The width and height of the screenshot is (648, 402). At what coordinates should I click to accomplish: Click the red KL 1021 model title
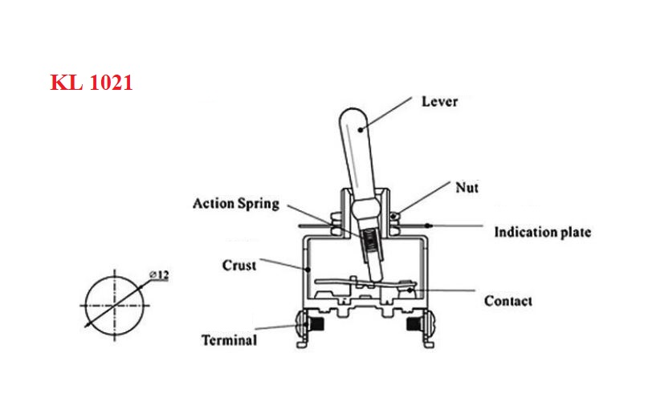[x=92, y=82]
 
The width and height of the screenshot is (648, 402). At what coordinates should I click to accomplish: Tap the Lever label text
[x=440, y=102]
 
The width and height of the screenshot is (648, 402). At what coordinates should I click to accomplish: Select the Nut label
[x=467, y=188]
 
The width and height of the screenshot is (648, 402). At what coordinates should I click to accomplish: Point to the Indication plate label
[x=543, y=232]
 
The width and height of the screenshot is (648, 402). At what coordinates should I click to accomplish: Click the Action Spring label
[x=236, y=204]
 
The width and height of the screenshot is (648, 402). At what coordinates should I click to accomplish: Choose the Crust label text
[x=239, y=266]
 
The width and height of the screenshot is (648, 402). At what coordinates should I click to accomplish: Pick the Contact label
[x=508, y=301]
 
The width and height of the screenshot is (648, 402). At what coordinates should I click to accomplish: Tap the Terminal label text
[x=230, y=340]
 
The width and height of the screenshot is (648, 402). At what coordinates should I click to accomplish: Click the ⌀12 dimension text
[x=159, y=274]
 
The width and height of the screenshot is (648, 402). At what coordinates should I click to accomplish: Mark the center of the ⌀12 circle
[x=115, y=306]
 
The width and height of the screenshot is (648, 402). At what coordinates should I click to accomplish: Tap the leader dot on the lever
[x=361, y=130]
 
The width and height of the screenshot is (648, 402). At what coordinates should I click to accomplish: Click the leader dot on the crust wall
[x=308, y=270]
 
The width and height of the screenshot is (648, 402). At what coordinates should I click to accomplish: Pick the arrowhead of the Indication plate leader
[x=430, y=226]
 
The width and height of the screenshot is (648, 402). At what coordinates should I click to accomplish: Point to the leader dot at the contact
[x=410, y=290]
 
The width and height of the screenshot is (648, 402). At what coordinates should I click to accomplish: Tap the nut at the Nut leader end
[x=395, y=216]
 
